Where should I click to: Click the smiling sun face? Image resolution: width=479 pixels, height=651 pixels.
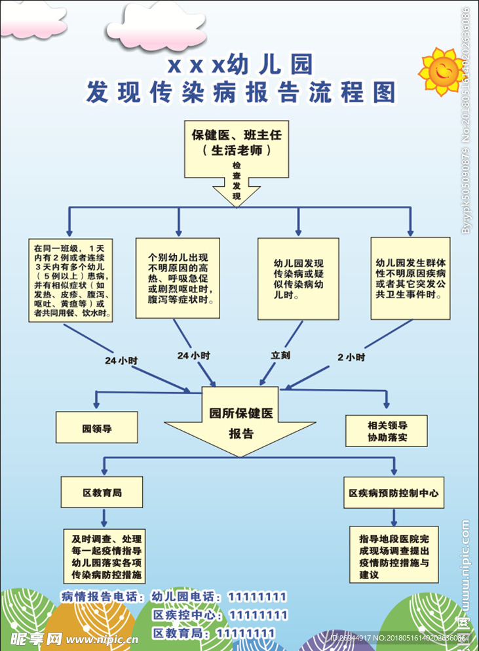tap(441, 70)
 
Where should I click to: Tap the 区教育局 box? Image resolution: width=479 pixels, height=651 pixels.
tap(102, 492)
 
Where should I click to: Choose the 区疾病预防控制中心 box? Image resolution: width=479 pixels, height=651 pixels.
tap(394, 492)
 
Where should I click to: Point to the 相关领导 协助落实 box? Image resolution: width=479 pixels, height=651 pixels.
tap(387, 431)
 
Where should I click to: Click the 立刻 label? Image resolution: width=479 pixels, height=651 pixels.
tap(280, 355)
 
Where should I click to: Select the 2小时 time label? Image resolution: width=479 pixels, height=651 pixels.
tap(351, 357)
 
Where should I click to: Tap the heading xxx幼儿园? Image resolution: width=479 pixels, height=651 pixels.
tap(240, 64)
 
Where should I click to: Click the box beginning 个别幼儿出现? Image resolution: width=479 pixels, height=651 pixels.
tap(178, 277)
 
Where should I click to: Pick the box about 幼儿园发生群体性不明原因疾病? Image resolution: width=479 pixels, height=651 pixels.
tap(411, 278)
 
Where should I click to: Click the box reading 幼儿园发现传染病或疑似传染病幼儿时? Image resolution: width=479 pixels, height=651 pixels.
tap(298, 279)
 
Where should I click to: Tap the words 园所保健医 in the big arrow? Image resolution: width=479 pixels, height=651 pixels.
tap(240, 413)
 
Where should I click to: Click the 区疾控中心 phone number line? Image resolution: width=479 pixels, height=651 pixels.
tap(220, 615)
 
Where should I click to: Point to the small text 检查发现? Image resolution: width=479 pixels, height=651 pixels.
tap(237, 182)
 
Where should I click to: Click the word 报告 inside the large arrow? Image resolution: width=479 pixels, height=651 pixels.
tap(240, 433)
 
